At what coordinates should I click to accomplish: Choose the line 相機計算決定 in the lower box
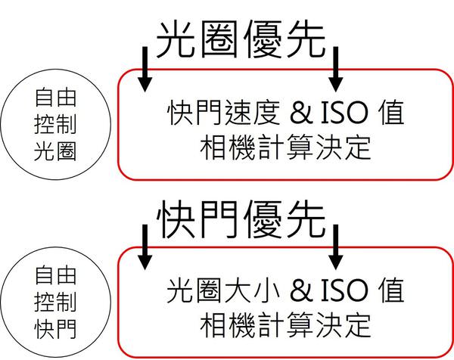pos(286,325)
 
